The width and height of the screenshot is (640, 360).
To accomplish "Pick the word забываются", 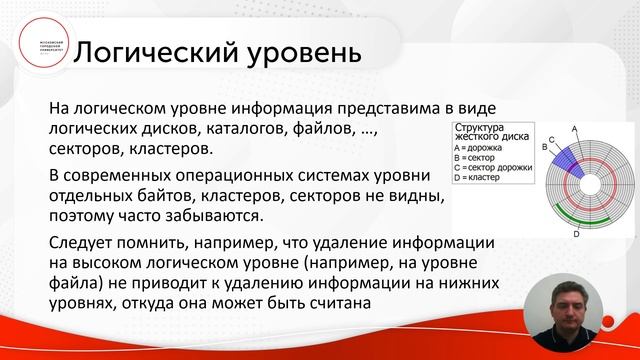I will point(220,215).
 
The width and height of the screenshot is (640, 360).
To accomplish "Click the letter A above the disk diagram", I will point(574,130).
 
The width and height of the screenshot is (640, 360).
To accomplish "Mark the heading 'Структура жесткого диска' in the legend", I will point(490,133).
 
